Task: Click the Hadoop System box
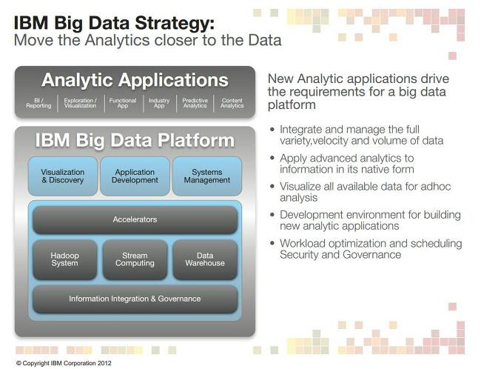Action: tap(64, 259)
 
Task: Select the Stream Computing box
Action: tap(135, 259)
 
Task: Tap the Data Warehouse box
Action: tap(205, 259)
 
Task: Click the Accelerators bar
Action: tap(135, 219)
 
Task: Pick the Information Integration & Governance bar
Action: tap(135, 299)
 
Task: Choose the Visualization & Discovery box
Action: tap(63, 176)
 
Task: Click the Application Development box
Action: tap(135, 176)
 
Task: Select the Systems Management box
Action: tap(207, 176)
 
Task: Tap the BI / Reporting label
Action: tap(38, 103)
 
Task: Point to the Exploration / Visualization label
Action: tap(81, 103)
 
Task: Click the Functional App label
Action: tap(123, 103)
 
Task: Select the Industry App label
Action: tap(159, 103)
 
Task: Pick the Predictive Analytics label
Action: tap(195, 103)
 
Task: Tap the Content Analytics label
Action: tap(232, 103)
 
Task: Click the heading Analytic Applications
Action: tap(135, 81)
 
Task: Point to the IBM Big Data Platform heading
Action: tap(135, 141)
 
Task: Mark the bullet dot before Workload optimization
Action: tap(272, 243)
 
